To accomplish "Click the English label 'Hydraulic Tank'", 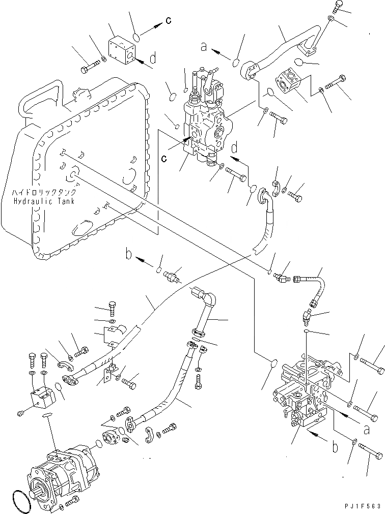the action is point(44,201).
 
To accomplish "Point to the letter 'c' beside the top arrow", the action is point(169,20).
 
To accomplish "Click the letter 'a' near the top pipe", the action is point(204,47).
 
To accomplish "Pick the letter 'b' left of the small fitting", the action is point(129,254).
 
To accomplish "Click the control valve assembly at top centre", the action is point(206,118).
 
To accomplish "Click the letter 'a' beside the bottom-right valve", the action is point(367,429).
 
